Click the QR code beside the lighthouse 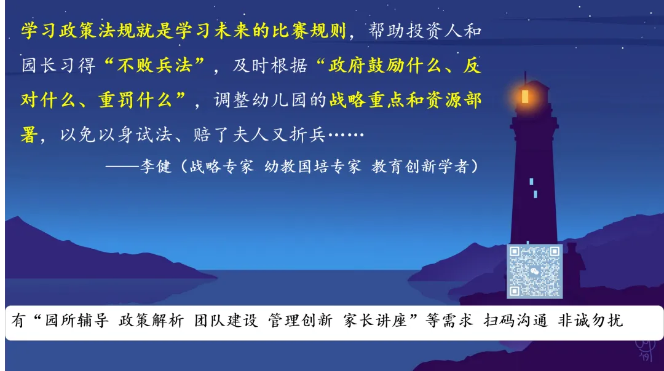tap(526, 271)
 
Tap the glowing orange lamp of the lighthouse tap(524, 96)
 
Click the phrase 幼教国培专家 tap(313, 166)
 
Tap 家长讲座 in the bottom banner tap(375, 321)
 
